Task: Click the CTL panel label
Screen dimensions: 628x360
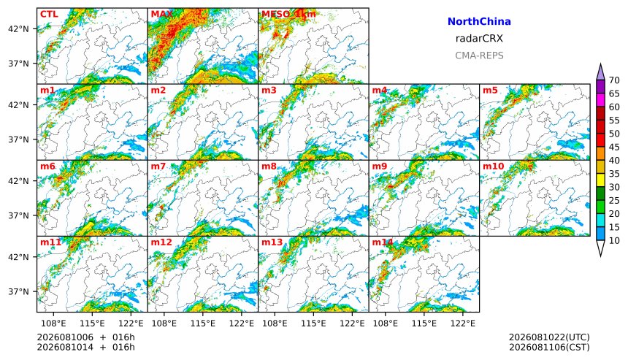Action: pyautogui.click(x=49, y=14)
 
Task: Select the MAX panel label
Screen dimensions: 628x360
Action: pyautogui.click(x=162, y=14)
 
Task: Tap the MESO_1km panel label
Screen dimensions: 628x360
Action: pyautogui.click(x=288, y=14)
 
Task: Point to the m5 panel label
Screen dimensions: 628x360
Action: pyautogui.click(x=490, y=90)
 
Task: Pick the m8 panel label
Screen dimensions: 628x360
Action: pyautogui.click(x=269, y=166)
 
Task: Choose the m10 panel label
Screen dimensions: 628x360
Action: pyautogui.click(x=493, y=166)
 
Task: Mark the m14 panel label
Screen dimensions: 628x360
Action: pyautogui.click(x=383, y=242)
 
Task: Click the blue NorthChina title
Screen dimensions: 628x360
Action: pyautogui.click(x=479, y=22)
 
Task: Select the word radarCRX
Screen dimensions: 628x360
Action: pyautogui.click(x=479, y=39)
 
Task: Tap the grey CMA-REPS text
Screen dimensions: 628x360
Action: pyautogui.click(x=479, y=55)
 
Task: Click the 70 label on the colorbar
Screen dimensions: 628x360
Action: pyautogui.click(x=614, y=80)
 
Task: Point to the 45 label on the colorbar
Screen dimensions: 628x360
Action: pyautogui.click(x=614, y=148)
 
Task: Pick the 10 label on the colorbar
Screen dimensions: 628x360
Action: pyautogui.click(x=614, y=241)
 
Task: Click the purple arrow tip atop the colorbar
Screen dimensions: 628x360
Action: pyautogui.click(x=600, y=64)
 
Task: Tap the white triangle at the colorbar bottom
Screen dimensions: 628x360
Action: pyautogui.click(x=600, y=249)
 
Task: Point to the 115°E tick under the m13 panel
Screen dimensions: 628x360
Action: pyautogui.click(x=313, y=323)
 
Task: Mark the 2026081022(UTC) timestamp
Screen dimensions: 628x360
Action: pyautogui.click(x=549, y=337)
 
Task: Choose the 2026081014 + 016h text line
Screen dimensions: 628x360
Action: pyautogui.click(x=85, y=347)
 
